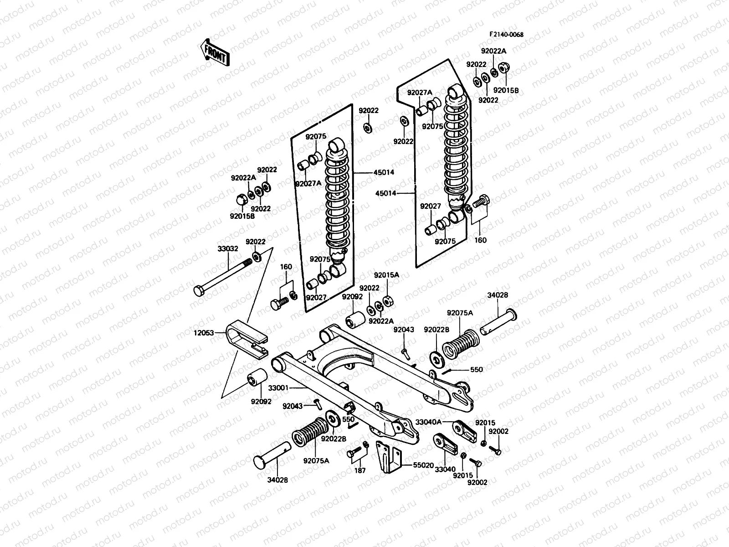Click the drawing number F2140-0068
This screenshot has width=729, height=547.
tap(506, 35)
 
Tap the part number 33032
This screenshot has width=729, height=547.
tap(227, 249)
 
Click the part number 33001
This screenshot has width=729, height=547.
tap(278, 388)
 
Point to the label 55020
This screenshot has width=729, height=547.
tap(423, 466)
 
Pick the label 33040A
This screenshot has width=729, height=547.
tap(428, 422)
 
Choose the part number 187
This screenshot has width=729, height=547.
tap(360, 470)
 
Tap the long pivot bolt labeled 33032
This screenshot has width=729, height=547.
tap(223, 276)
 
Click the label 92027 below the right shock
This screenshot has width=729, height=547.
tap(430, 206)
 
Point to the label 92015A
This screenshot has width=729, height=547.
tap(386, 275)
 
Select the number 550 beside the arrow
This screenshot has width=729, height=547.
tap(477, 370)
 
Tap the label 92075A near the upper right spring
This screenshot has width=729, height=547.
tap(460, 313)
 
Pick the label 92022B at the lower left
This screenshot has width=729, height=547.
tap(334, 439)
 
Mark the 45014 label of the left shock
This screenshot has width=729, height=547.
tap(384, 172)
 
